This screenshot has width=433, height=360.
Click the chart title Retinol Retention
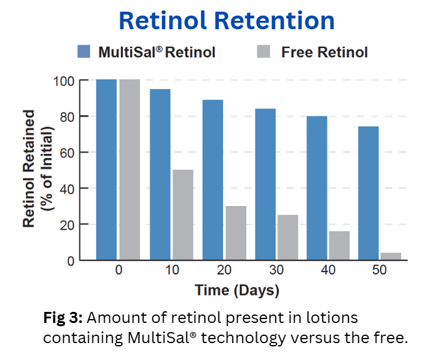point(226,21)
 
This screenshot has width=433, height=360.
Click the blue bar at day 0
point(107,170)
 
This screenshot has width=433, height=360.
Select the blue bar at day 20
point(213,180)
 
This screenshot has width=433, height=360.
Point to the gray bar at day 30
point(287,237)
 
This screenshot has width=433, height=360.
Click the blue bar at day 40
point(317,188)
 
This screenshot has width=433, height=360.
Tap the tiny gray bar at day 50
point(391,256)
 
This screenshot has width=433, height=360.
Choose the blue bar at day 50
point(369,193)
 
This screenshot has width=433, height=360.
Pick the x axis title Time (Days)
point(236,290)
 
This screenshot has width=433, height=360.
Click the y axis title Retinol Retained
point(30,169)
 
